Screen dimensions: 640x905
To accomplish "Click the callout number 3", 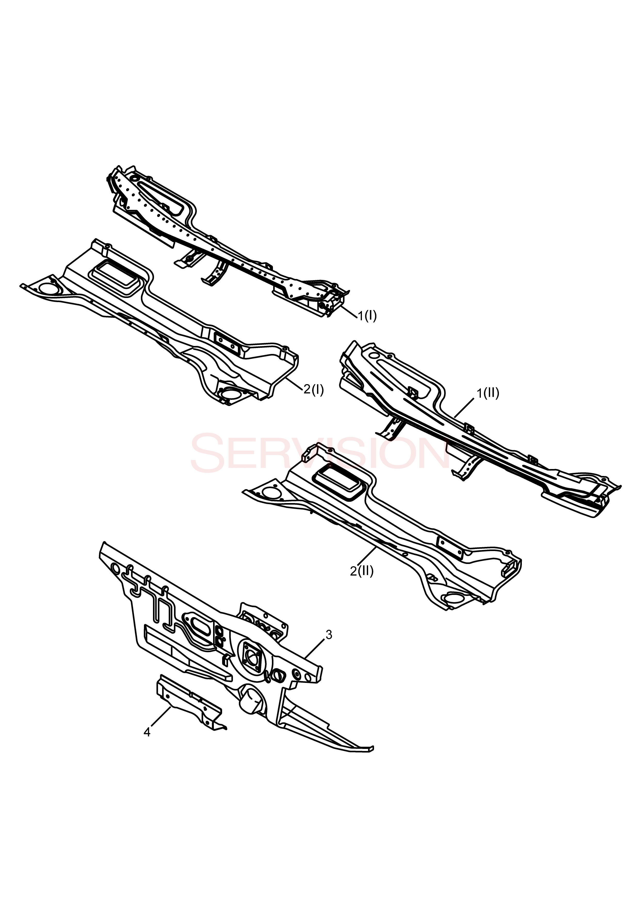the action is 329,635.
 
